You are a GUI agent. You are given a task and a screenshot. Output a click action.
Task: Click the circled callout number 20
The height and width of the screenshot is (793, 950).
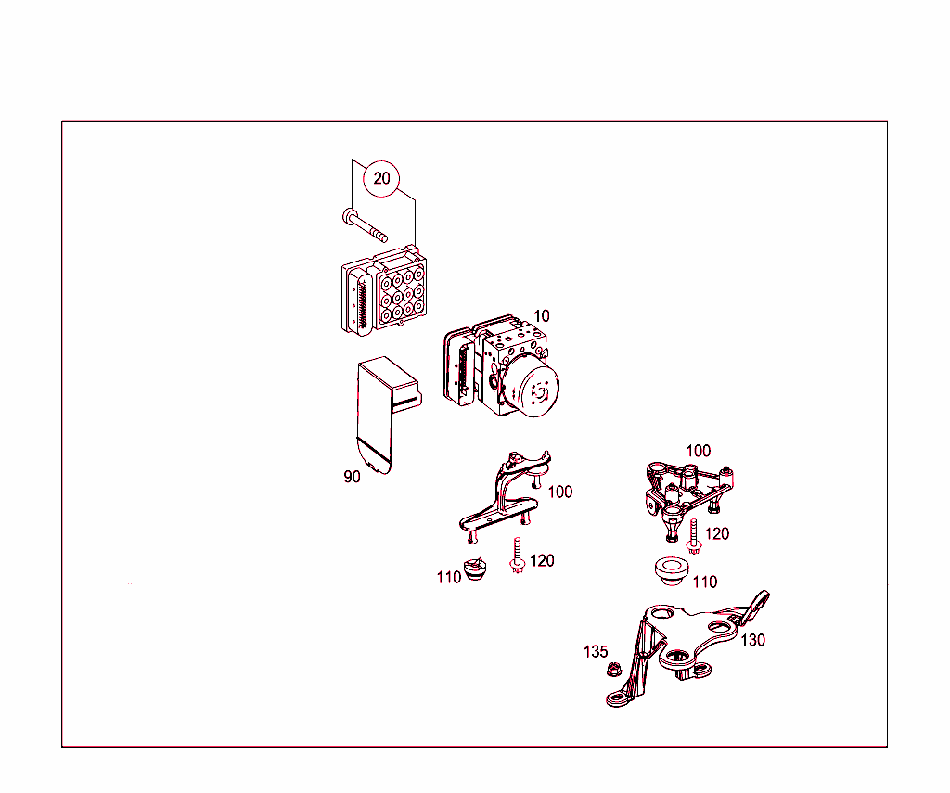click(x=382, y=178)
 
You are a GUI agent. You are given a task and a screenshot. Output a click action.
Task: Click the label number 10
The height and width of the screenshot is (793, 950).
click(x=541, y=316)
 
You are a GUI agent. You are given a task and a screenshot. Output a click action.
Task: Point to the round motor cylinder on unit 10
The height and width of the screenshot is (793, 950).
click(x=533, y=389)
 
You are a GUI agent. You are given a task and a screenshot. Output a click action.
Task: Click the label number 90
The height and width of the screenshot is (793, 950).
click(x=352, y=477)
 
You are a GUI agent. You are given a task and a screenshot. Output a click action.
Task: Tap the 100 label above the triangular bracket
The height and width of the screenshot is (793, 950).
click(x=698, y=451)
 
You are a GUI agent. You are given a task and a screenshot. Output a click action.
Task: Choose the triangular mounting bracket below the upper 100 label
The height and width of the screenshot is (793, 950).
click(x=687, y=496)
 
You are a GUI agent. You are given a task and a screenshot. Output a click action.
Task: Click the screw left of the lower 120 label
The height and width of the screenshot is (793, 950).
click(x=516, y=555)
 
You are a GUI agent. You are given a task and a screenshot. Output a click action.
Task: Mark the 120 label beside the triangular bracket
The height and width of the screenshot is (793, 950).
click(x=716, y=533)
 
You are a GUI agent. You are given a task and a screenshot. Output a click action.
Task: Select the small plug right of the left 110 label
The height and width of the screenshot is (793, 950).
click(x=476, y=570)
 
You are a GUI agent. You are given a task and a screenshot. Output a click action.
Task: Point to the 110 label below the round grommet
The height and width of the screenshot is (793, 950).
click(x=705, y=582)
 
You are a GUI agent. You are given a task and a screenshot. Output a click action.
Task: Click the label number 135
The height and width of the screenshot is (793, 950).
click(x=596, y=651)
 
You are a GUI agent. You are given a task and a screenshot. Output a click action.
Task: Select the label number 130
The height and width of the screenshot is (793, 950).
click(x=752, y=640)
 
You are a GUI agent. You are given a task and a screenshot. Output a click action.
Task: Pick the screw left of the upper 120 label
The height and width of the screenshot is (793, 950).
click(x=693, y=536)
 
